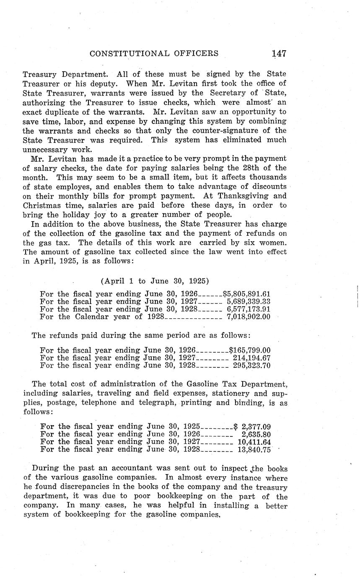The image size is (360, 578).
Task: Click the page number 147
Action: coord(279,53)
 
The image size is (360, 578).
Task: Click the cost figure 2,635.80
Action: coord(256,434)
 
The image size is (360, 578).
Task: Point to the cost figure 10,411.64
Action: coord(254,442)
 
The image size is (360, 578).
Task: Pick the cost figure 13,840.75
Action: coord(254,449)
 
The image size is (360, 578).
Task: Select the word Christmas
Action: coord(41,205)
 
